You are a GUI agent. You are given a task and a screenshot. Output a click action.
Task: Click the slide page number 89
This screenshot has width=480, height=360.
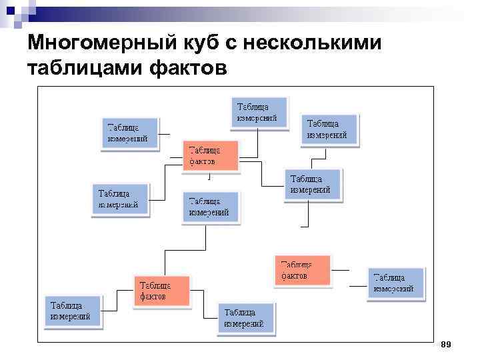[447, 344]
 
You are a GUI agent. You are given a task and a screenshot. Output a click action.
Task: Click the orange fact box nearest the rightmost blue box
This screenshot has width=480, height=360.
[302, 270]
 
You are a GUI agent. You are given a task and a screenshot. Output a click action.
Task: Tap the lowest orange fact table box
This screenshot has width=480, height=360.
[161, 291]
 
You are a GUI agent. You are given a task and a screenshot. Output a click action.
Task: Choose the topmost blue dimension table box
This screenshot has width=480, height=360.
[260, 113]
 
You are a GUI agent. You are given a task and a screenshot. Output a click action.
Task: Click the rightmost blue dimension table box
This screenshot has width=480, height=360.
[396, 284]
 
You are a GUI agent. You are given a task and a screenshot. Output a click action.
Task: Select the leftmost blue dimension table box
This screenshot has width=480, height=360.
[73, 311]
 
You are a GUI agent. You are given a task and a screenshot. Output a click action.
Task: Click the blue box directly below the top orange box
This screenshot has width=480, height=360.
[211, 207]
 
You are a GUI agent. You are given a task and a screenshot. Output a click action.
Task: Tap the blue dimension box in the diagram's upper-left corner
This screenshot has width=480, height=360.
[130, 135]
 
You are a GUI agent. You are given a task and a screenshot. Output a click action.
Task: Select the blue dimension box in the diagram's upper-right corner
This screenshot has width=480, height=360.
[330, 129]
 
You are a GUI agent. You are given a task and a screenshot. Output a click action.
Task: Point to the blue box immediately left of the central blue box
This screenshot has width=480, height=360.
[120, 199]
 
